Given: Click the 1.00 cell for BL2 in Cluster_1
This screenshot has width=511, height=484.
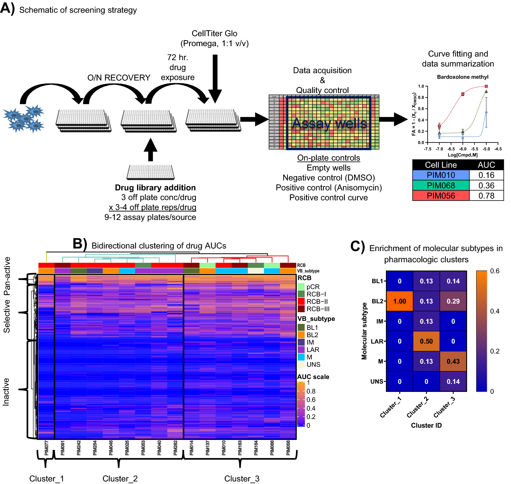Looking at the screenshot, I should click(399, 301).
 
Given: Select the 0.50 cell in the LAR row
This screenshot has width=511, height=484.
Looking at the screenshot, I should click(426, 341).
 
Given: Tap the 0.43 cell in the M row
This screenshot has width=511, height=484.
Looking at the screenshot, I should click(453, 361).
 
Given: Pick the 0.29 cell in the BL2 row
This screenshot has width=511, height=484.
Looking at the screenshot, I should click(453, 301).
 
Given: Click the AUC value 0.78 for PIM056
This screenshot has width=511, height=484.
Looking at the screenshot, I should click(486, 196).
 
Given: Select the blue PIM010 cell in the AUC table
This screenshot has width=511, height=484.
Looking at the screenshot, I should click(441, 175).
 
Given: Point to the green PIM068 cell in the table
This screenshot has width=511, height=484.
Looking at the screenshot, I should click(441, 186).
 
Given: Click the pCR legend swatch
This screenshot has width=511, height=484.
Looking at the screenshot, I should click(301, 287).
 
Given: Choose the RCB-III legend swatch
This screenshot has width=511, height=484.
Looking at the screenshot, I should click(301, 309).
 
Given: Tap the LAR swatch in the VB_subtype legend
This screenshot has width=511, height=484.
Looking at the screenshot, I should click(301, 350).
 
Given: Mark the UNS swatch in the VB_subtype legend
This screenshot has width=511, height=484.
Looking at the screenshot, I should click(301, 364).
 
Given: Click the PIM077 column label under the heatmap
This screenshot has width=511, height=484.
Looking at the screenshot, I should click(46, 448).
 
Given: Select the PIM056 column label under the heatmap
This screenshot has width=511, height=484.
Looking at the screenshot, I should click(288, 448).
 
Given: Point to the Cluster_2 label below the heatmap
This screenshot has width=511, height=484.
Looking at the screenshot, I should click(120, 479).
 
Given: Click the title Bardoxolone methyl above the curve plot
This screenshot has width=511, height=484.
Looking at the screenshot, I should click(463, 77).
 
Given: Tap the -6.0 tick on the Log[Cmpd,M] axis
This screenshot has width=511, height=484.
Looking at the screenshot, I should click(463, 149).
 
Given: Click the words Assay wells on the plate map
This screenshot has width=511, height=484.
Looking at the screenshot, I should click(329, 123).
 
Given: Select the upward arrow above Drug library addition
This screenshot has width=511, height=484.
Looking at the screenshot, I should click(151, 149).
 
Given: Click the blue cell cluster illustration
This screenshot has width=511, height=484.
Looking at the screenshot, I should click(24, 119).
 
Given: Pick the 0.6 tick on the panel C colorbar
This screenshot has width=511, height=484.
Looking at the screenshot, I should click(494, 271).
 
